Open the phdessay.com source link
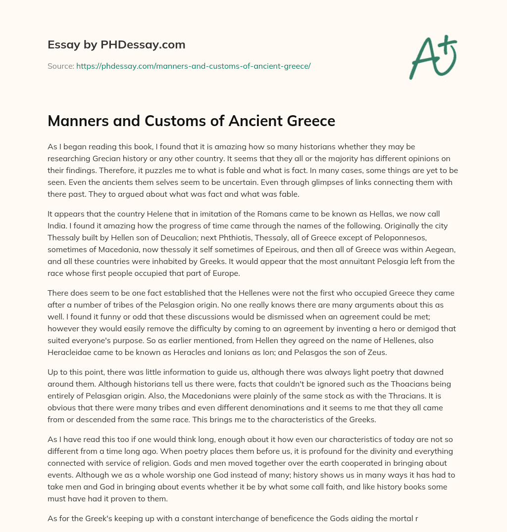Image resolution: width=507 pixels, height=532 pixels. [193, 66]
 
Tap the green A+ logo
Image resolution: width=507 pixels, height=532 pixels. [432, 56]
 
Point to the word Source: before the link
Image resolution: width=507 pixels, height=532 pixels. [60, 66]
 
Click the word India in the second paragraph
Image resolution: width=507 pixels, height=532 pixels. [57, 225]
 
